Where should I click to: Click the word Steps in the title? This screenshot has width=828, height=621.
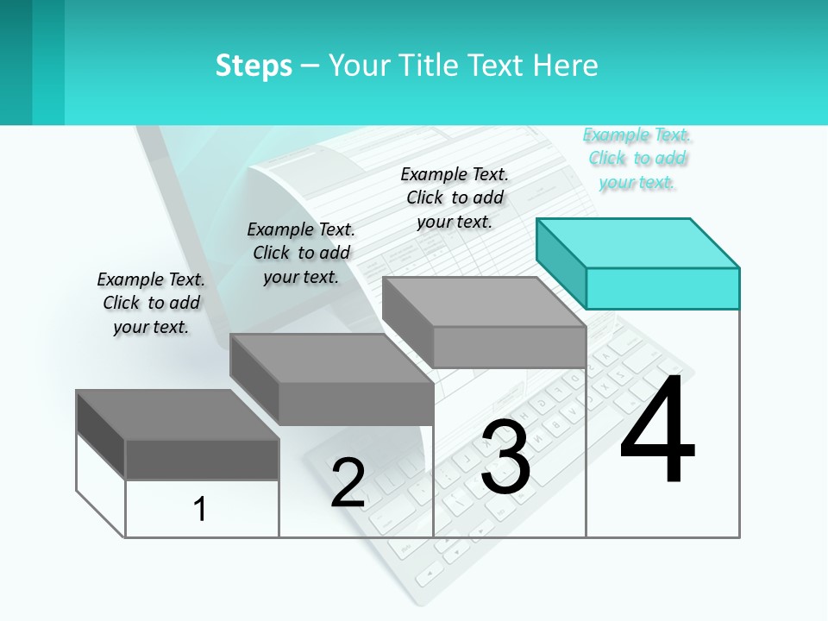[254, 66]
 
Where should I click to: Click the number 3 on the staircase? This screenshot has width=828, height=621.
[505, 457]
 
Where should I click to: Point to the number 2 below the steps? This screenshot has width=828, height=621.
[348, 483]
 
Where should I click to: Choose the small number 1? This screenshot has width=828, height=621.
[199, 509]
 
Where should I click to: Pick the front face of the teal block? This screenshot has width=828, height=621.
[662, 288]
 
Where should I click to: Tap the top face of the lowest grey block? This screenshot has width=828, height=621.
[178, 415]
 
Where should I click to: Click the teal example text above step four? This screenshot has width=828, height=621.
[637, 159]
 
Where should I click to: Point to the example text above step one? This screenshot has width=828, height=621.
[151, 303]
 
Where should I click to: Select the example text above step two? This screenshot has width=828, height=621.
[301, 253]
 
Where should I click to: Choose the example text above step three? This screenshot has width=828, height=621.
[455, 198]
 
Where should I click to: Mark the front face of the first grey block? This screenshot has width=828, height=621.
[202, 460]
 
